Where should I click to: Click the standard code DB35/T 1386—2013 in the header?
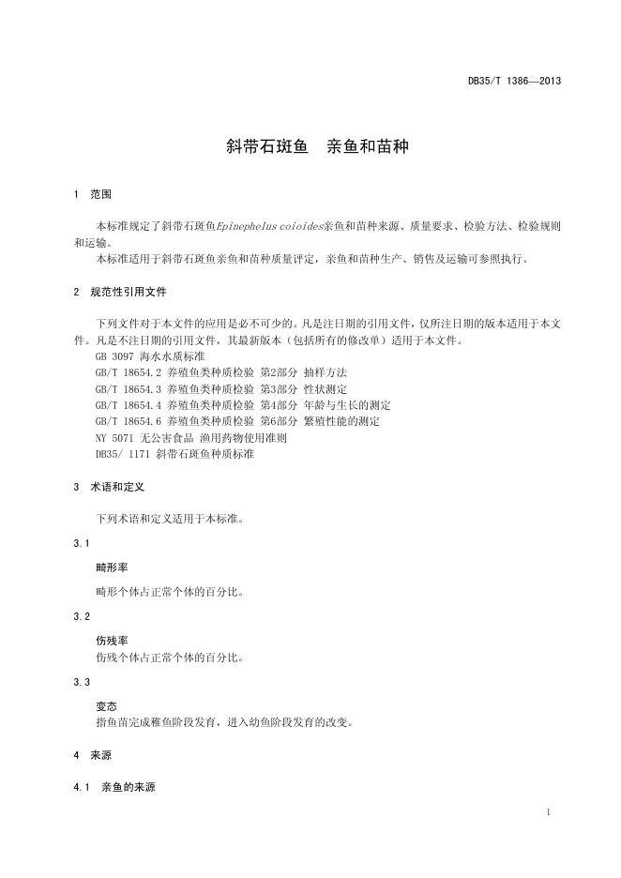[x=514, y=82]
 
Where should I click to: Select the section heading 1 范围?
[x=92, y=194]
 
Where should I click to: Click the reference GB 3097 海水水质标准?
[x=148, y=357]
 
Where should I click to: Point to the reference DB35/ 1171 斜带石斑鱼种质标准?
[x=174, y=454]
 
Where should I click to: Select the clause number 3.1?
[x=82, y=544]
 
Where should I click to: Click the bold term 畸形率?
[x=113, y=568]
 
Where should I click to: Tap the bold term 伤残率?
[x=113, y=641]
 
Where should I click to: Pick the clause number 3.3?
[x=82, y=682]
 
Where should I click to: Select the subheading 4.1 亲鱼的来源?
[x=114, y=787]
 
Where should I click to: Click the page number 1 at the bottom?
[x=547, y=812]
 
